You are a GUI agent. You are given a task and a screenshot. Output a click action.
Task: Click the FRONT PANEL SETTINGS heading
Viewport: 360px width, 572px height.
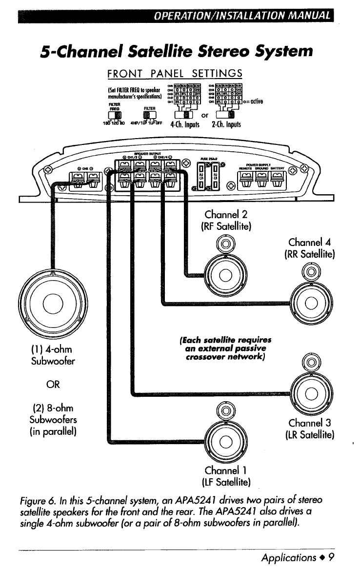click(x=174, y=73)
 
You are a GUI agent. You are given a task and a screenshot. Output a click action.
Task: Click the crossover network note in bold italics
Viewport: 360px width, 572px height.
click(x=225, y=348)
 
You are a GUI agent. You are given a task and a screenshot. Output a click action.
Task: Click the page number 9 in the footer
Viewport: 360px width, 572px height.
click(x=330, y=556)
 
